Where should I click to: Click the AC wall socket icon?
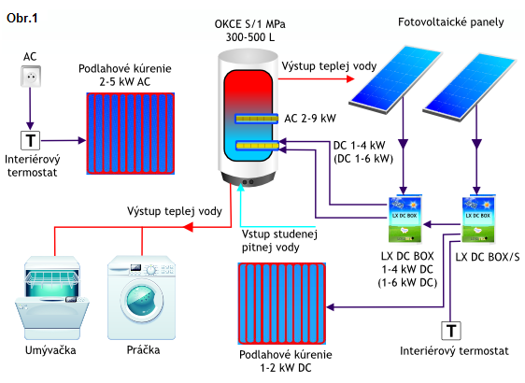tap(31, 76)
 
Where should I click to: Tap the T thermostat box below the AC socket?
tap(31, 140)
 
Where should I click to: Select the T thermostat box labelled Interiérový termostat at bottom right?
tap(451, 331)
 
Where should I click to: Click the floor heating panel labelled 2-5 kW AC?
tap(131, 134)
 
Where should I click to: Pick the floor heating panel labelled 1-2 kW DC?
tap(282, 304)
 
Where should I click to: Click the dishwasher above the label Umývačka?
tap(52, 298)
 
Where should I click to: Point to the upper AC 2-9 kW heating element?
tap(257, 119)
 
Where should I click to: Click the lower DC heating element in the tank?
tap(258, 146)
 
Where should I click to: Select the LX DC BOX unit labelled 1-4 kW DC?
tap(405, 219)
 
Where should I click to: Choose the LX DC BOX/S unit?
tap(478, 219)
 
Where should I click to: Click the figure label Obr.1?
tap(22, 18)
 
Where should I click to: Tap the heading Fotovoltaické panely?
tap(450, 22)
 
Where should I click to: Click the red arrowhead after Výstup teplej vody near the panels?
tap(350, 79)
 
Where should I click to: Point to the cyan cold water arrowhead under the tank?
tap(241, 187)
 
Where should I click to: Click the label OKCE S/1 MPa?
tap(249, 24)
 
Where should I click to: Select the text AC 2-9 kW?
tap(310, 119)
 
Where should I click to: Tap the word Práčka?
tap(143, 350)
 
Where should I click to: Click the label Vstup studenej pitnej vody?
tap(279, 241)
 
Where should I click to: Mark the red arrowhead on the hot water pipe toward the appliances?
tap(188, 227)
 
